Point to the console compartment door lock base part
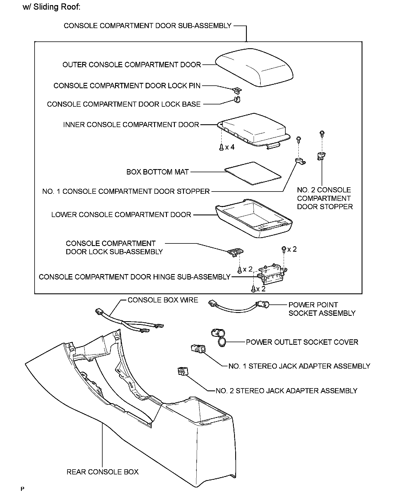pos(237,99)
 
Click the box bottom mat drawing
pos(253,173)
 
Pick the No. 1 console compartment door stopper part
pos(300,161)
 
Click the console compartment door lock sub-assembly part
pos(235,252)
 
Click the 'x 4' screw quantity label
pos(230,147)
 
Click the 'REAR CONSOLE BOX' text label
pos(103,472)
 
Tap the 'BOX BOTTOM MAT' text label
pos(158,172)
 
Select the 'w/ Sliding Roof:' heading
pos(52,7)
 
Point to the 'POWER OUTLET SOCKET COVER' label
pos(302,342)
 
